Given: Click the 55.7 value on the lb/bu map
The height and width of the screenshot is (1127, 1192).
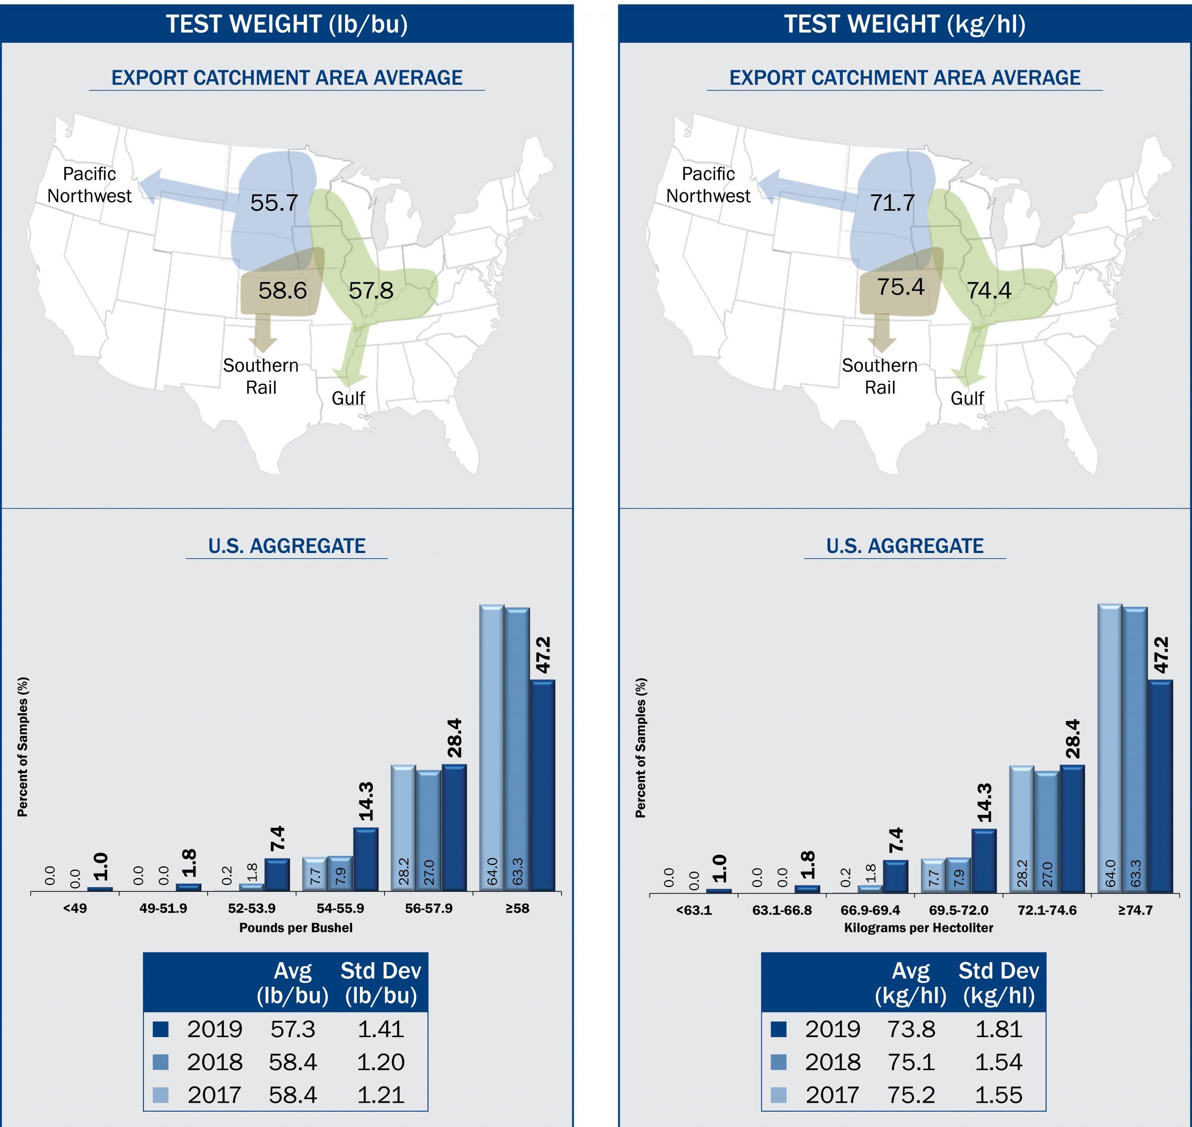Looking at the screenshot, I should point(274,203).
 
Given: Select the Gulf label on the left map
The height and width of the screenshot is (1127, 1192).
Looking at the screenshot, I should point(348,398).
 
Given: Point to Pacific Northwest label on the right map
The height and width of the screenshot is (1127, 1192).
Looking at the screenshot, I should point(708,185).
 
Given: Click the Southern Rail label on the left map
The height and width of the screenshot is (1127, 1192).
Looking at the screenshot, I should point(261,376).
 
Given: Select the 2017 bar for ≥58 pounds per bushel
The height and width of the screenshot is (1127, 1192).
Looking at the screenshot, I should point(491,747).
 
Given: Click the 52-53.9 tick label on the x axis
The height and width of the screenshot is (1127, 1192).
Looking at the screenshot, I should point(251,908).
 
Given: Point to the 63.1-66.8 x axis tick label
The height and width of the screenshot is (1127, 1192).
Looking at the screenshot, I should point(782,910).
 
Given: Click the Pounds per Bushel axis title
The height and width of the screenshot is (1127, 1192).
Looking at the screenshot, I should point(296,928).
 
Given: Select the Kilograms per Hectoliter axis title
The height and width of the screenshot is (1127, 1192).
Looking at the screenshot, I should point(918,928).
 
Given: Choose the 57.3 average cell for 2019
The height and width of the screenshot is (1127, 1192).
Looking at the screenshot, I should point(292,1029).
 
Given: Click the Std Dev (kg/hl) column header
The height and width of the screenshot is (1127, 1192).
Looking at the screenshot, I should point(999,983).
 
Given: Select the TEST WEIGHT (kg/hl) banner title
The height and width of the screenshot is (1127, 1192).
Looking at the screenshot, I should point(904,24).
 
